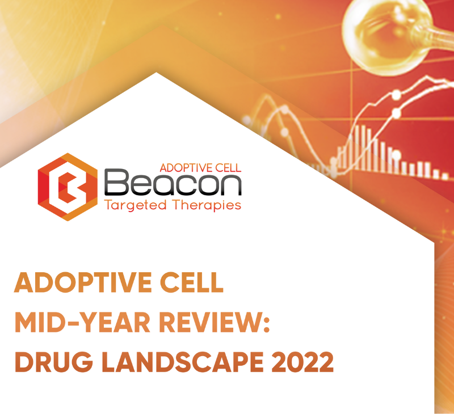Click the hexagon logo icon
pyautogui.click(x=68, y=187)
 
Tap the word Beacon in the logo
pyautogui.click(x=173, y=183)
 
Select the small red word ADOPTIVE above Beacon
pyautogui.click(x=184, y=168)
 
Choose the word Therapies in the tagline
pyautogui.click(x=207, y=205)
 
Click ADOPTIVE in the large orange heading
pyautogui.click(x=82, y=282)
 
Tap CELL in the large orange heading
pyautogui.click(x=192, y=282)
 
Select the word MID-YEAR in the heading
pyautogui.click(x=82, y=322)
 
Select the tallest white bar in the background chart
pyautogui.click(x=363, y=147)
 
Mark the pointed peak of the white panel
pyautogui.click(x=156, y=73)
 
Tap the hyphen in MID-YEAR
pyautogui.click(x=72, y=323)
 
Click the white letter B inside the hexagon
pyautogui.click(x=69, y=187)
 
